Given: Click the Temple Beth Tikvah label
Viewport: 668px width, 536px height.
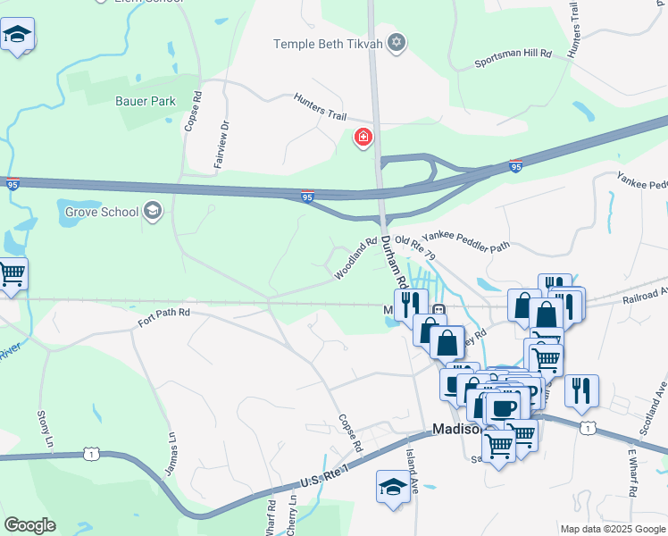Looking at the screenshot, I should pos(328,43).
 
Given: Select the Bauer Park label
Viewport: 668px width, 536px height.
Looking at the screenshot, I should pos(146,101).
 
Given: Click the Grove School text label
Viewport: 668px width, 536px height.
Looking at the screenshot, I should pos(102,212).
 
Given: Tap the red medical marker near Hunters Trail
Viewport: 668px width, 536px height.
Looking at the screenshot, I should pos(363,138).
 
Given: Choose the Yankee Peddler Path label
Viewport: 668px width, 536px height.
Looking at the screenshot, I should pos(465,240).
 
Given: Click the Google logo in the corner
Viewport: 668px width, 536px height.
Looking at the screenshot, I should pos(29,525).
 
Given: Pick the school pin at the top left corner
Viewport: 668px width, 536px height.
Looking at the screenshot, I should pos(16,37).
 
